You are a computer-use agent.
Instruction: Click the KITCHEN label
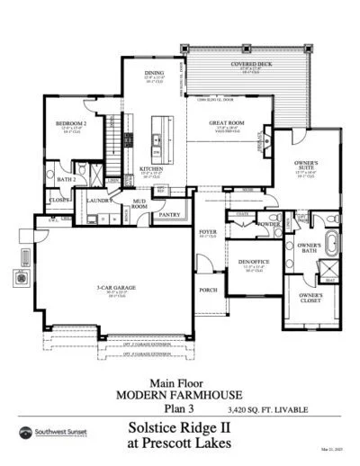pos(150,168)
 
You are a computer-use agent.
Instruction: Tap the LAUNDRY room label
pos(100,202)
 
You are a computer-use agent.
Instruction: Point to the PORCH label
pos(208,290)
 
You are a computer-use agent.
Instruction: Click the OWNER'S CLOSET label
pos(310,298)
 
